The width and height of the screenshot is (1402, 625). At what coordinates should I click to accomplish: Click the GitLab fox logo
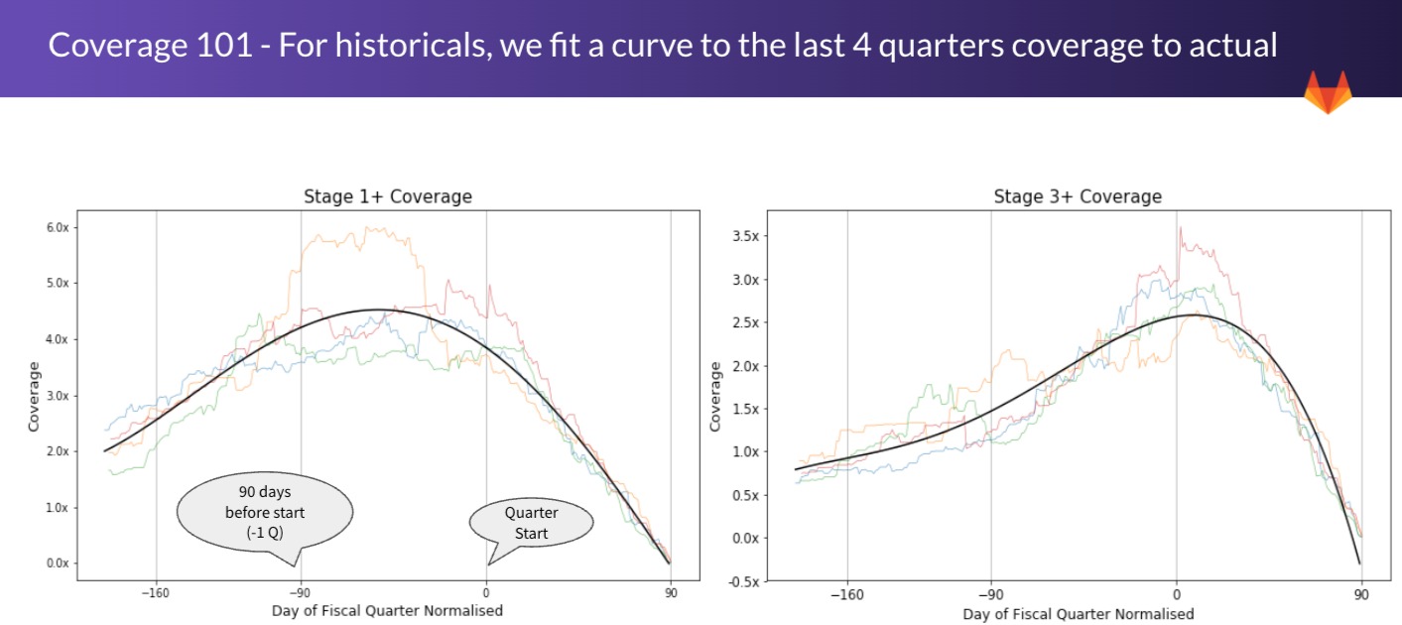(x=1327, y=92)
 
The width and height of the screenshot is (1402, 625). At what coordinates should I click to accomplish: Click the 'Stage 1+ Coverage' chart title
(x=387, y=196)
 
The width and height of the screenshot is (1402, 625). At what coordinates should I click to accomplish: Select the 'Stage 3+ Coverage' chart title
(x=1077, y=196)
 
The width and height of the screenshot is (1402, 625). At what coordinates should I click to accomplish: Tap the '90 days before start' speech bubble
(x=265, y=514)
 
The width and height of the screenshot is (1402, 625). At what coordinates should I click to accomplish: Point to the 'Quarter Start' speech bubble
(x=532, y=522)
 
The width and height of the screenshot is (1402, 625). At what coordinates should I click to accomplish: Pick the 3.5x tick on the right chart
(x=743, y=236)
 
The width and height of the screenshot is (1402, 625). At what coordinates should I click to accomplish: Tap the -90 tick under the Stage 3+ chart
(x=990, y=594)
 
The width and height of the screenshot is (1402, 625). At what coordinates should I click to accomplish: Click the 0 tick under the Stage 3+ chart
(x=1176, y=594)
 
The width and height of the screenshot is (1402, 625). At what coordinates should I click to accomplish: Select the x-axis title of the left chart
(x=387, y=610)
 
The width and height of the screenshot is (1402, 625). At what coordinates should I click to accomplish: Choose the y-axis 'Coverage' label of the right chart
(x=715, y=396)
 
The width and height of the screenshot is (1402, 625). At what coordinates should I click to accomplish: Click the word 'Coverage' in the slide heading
(x=114, y=46)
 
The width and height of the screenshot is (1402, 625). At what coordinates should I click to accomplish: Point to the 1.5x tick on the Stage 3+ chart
(x=743, y=409)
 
